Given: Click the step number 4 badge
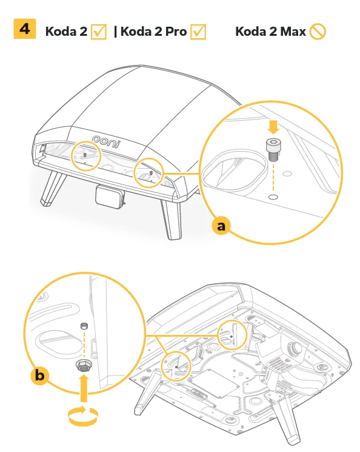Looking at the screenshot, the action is [24, 29].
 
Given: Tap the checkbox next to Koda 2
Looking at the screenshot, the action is [99, 32].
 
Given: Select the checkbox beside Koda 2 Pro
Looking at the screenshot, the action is [199, 32].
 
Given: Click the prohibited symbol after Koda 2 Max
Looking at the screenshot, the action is [318, 32].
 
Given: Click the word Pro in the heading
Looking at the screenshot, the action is [176, 32].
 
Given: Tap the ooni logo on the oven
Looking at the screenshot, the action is [106, 141].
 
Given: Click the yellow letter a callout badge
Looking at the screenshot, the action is [221, 226].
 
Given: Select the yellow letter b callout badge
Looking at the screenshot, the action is [40, 376].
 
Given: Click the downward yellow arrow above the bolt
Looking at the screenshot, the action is [273, 127].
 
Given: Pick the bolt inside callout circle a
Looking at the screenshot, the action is [273, 149].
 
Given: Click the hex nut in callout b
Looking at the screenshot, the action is [83, 366].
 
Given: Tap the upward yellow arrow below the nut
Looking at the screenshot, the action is [84, 388].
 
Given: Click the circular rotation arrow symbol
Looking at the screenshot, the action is [82, 416].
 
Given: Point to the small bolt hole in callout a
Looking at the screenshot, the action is [273, 197].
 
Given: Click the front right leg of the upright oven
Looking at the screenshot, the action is [171, 218].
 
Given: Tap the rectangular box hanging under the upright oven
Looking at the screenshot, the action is [110, 197].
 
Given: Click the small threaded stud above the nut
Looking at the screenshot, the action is [84, 326].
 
